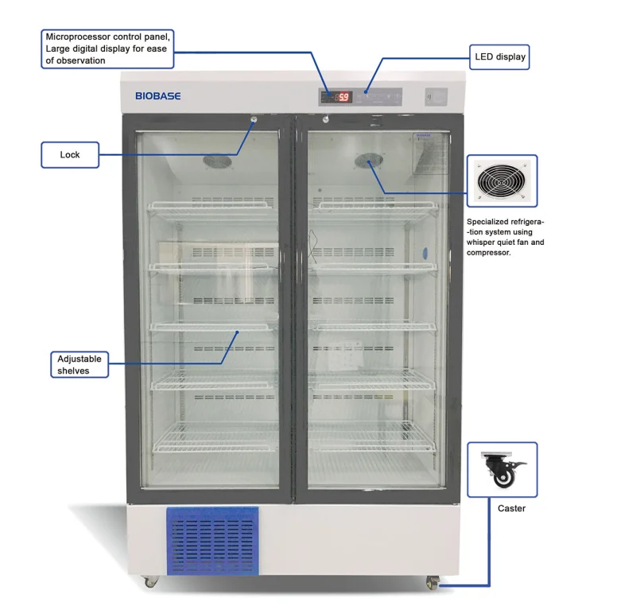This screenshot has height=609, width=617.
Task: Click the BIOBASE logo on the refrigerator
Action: point(157,96)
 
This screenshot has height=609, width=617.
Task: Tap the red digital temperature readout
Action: point(343,97)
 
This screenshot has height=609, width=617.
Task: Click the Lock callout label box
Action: point(70,154)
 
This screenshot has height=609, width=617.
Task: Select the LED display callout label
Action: point(499,56)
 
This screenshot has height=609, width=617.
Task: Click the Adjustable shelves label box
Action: point(80,365)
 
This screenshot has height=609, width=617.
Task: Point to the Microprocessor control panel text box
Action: point(107,48)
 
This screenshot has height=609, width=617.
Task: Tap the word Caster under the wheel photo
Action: point(510,508)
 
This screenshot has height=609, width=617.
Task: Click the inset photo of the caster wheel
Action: point(502,470)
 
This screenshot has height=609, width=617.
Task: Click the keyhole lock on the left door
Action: point(254,120)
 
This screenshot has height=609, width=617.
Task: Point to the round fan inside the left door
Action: point(216,161)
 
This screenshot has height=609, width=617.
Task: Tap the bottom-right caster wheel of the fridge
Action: point(432,584)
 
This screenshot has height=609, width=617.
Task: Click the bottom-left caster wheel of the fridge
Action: point(150,582)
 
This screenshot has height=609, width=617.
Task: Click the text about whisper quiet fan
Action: point(506,237)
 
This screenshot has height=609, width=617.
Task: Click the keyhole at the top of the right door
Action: point(325,120)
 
